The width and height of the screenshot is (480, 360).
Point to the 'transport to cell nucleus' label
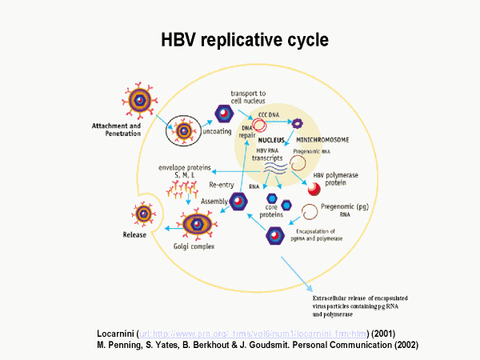point(253,98)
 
